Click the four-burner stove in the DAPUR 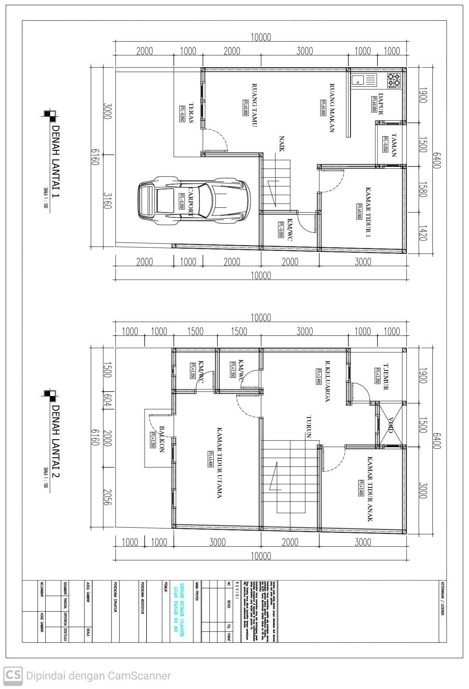394,80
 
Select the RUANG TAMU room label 254,105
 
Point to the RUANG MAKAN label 332,107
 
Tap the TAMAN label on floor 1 394,145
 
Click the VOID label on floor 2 391,425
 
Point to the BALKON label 162,439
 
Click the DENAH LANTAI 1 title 55,162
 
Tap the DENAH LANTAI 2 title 55,441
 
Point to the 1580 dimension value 423,189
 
